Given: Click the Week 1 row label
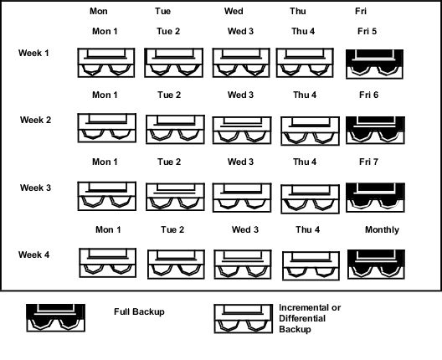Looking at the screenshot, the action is click(33, 53).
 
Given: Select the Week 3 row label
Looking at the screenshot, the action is click(35, 188).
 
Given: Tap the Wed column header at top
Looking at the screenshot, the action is click(234, 11).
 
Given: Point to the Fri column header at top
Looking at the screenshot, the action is click(361, 11).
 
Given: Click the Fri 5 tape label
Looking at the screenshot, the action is click(367, 31).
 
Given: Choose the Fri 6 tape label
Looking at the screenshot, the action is click(368, 95).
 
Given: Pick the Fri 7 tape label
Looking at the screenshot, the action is click(368, 162).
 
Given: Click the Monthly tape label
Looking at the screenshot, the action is click(383, 229).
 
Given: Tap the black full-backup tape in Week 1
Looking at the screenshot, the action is click(375, 64).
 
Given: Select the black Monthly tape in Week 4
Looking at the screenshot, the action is click(377, 265).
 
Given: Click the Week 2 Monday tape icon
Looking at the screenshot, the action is click(107, 128).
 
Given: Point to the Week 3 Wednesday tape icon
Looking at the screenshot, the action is click(242, 198).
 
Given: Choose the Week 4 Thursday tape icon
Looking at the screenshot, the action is click(311, 266).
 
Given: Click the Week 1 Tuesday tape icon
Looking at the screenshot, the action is click(173, 63).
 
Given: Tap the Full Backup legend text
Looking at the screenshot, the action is click(139, 311).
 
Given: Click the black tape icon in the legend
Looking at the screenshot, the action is click(56, 317).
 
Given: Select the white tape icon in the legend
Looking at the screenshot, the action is click(244, 319).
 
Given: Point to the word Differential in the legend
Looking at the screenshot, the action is click(302, 319).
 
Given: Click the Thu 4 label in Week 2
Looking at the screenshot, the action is click(305, 95).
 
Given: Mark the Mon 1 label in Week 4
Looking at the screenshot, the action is click(108, 229).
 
